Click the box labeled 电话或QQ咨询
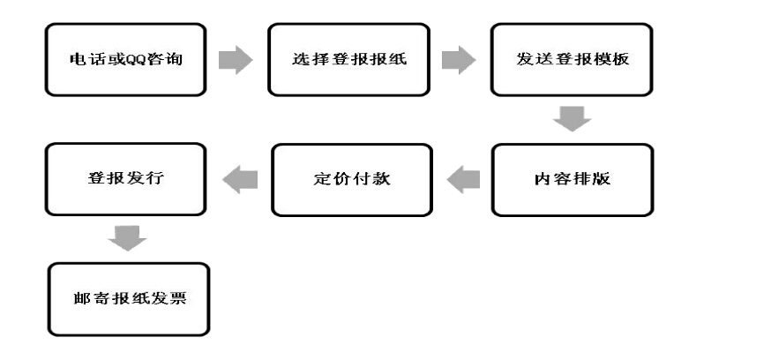click(125, 60)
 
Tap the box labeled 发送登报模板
click(572, 60)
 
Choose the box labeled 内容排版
click(572, 180)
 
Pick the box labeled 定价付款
click(351, 180)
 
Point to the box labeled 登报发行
click(126, 178)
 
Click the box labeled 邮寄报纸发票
click(129, 299)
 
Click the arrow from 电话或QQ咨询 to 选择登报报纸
click(234, 60)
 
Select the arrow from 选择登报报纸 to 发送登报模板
click(458, 60)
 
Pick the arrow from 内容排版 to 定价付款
click(465, 180)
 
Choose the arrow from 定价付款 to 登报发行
click(241, 179)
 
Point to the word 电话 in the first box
click(81, 60)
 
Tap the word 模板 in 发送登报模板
click(612, 60)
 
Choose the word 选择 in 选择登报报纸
click(306, 60)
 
